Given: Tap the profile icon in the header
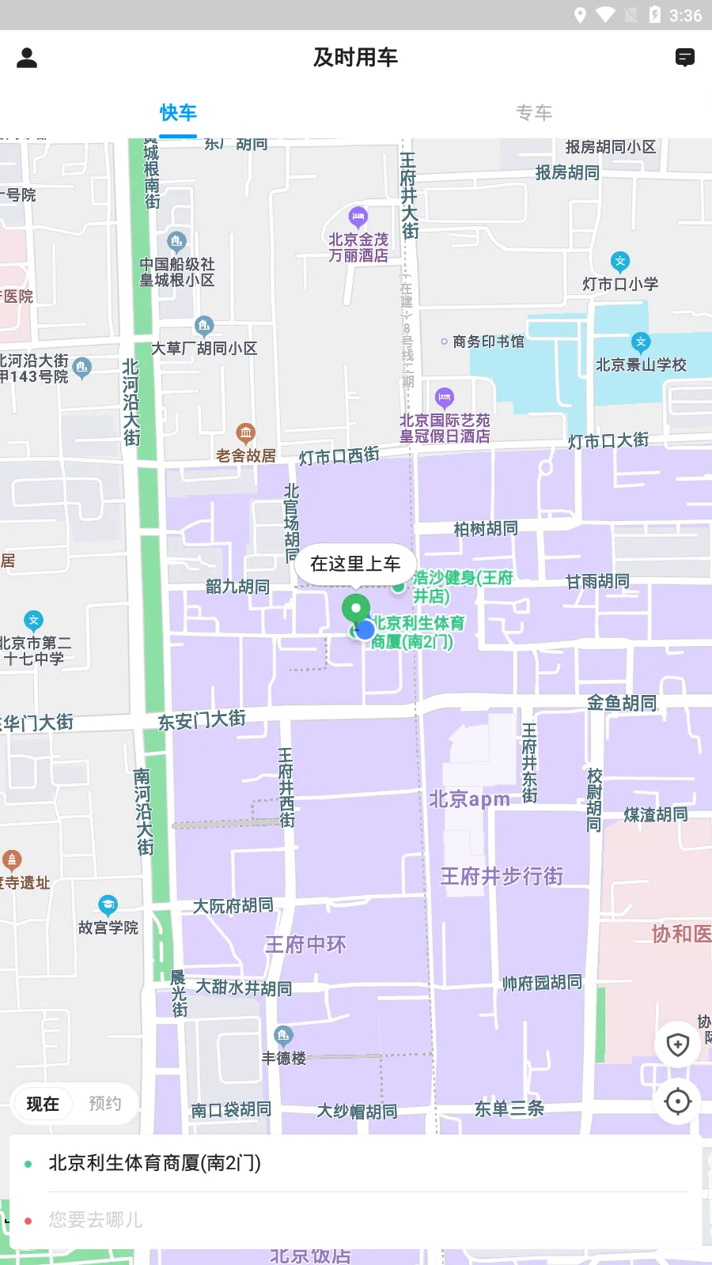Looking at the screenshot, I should point(27,58).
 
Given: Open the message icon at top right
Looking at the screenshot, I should point(685,58).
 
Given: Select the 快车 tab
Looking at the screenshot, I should point(178,113).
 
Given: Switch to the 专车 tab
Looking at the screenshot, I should point(534,113).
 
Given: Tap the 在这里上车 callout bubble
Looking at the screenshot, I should point(355,564).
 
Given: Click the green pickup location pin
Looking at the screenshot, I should point(356,610).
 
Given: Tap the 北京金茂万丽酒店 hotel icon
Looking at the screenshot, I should point(358,216).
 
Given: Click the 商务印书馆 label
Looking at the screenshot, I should point(488,342).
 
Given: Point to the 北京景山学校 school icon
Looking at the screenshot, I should point(641,342).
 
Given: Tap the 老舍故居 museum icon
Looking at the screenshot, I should point(246,432).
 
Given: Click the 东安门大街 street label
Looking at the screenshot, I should point(202,719).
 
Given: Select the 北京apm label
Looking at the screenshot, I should point(469,799).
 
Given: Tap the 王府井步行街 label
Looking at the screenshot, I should point(502,876).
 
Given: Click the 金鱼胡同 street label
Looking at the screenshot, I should point(622,703).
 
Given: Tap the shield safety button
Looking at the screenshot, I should point(678,1044).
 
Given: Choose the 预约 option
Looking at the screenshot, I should point(105,1104).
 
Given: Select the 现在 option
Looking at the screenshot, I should point(43,1104).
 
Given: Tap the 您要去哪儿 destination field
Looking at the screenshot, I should point(356,1220).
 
